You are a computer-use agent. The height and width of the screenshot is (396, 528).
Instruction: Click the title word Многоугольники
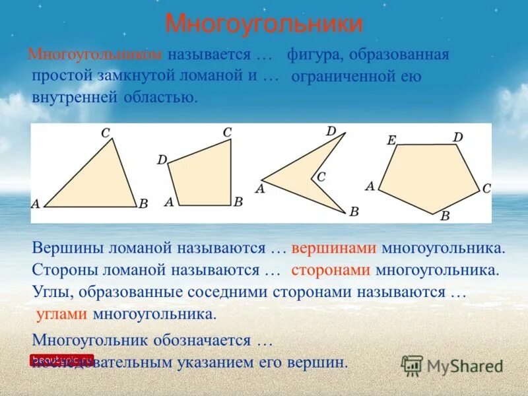pos(263,24)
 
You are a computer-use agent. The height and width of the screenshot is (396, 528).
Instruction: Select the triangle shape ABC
pos(96,181)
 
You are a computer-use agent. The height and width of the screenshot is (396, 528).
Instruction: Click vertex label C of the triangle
pos(105,133)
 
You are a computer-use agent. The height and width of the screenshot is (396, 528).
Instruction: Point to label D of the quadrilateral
pos(162,160)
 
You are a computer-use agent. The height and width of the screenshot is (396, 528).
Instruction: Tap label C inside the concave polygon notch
pos(321,177)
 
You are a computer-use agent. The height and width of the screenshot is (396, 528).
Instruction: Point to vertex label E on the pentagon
pos(391,140)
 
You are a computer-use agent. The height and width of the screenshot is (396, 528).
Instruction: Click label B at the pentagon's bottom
pos(445,216)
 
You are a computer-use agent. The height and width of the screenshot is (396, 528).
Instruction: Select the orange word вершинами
pos(334,249)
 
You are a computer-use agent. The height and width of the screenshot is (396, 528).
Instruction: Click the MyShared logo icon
pos(412,365)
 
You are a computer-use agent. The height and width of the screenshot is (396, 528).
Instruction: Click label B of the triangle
pos(143,204)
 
